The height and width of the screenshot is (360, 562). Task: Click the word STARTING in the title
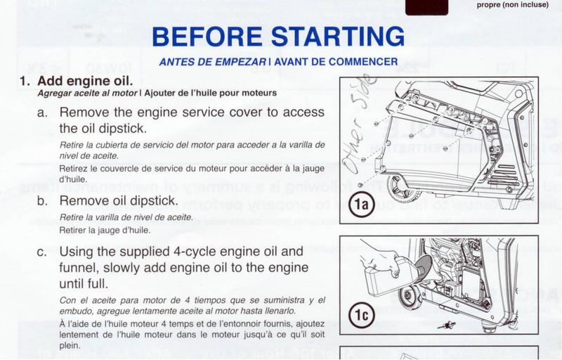[x=339, y=37]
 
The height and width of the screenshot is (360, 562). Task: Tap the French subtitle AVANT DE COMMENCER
[x=334, y=61]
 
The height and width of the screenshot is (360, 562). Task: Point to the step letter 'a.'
[x=43, y=112]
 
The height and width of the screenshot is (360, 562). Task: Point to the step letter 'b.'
[x=43, y=200]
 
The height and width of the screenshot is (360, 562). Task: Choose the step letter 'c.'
[x=43, y=251]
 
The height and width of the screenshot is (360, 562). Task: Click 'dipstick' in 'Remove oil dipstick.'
[x=165, y=200]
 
